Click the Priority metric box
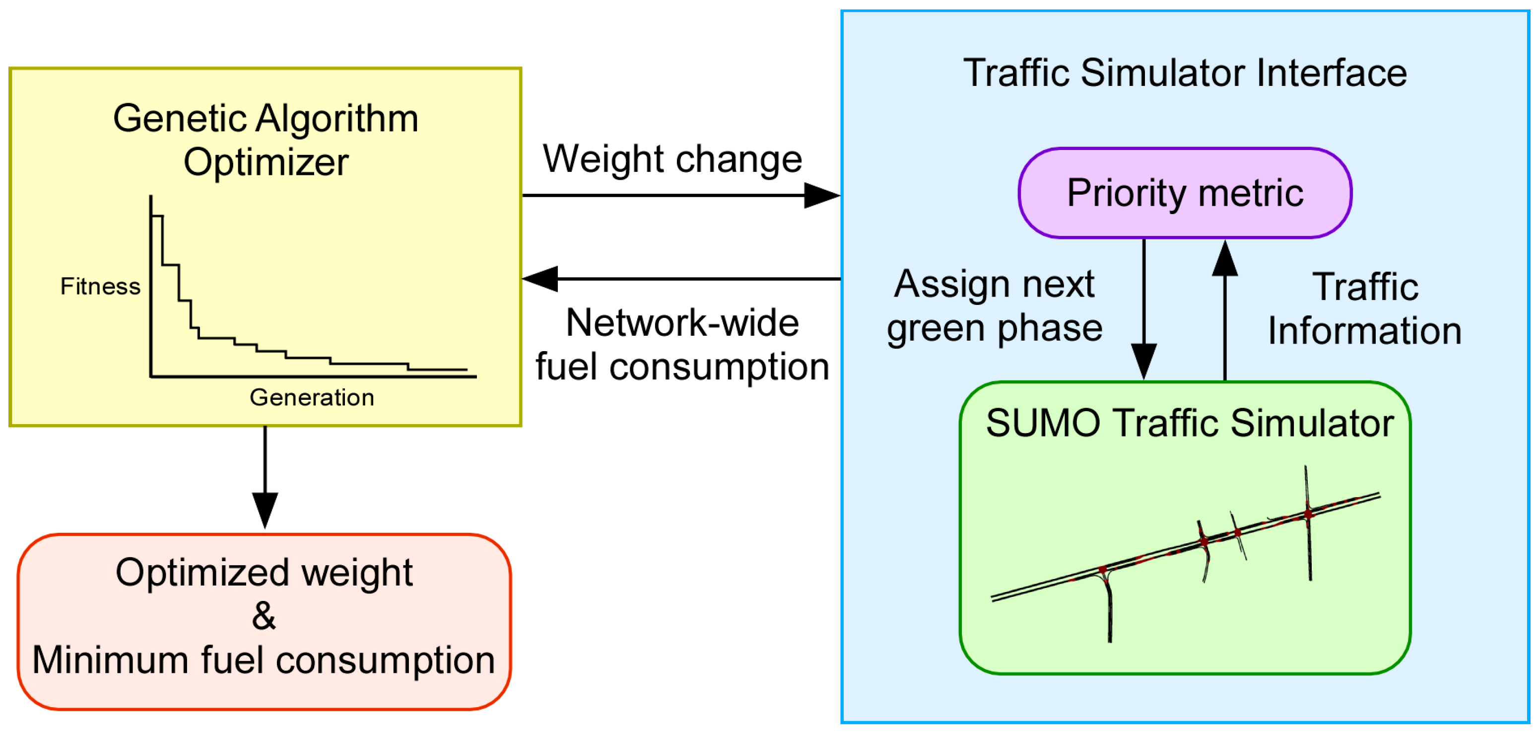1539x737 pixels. (1184, 193)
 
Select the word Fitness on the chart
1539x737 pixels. (100, 287)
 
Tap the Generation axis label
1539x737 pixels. (311, 397)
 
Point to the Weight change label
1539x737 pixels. (672, 159)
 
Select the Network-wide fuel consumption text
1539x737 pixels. (682, 344)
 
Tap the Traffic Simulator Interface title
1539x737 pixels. (1185, 73)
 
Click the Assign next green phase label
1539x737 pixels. (994, 305)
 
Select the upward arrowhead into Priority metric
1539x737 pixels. (1225, 258)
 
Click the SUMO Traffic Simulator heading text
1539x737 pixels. (1189, 423)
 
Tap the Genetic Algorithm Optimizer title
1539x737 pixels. (266, 140)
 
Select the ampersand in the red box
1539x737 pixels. (264, 616)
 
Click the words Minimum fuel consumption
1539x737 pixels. (264, 660)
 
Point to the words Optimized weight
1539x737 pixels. (264, 572)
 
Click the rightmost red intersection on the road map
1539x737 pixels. (1308, 514)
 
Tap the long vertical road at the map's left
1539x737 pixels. (1109, 610)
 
